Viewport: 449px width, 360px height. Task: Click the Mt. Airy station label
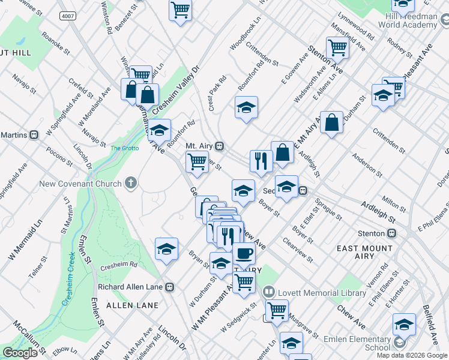(x=199, y=146)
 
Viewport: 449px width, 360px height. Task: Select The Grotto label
(x=124, y=148)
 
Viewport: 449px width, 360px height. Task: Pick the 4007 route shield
(x=67, y=16)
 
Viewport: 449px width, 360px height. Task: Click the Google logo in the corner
(x=20, y=353)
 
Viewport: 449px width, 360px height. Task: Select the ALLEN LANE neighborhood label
(x=132, y=305)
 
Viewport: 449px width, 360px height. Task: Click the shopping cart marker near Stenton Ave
(x=337, y=47)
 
